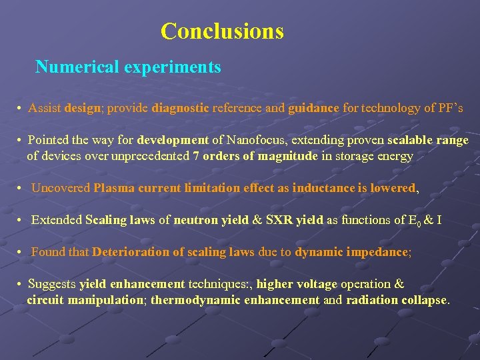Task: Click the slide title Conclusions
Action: tap(222, 31)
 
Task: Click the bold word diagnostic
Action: tap(181, 108)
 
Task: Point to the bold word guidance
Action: tap(314, 108)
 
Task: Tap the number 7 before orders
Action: tap(195, 157)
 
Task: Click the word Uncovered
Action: tap(61, 188)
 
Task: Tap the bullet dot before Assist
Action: tap(21, 109)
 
